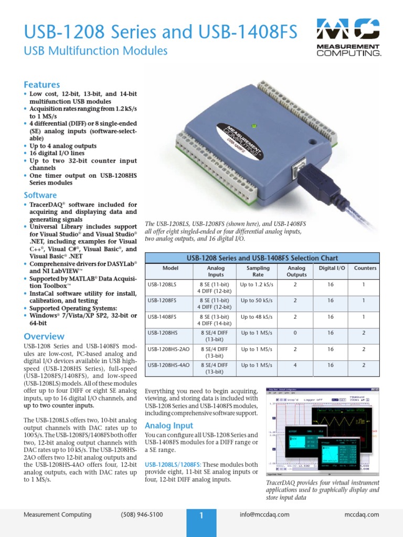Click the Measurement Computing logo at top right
348,37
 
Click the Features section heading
42,84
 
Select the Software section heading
40,195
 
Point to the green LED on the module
253,126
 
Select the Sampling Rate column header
258,271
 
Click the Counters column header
365,268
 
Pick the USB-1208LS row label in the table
162,284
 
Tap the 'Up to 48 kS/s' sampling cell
257,317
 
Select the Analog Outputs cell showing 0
296,333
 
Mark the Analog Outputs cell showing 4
296,365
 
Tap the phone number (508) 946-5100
142,514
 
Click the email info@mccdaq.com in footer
264,514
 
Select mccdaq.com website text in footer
362,514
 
